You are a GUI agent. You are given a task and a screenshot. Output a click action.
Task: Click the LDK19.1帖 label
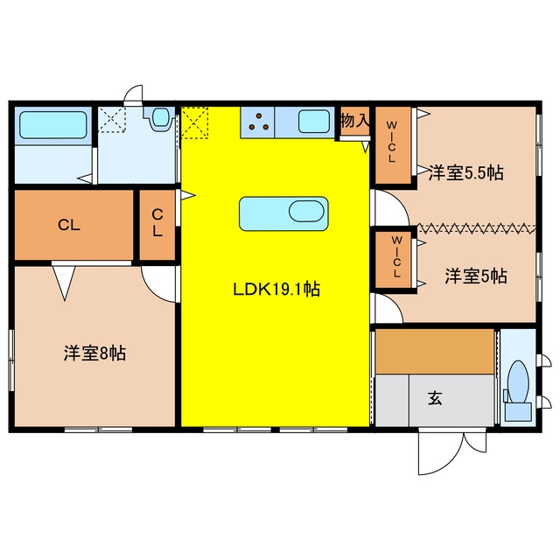coord(276,290)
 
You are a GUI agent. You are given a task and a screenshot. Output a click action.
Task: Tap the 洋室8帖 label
coord(94,353)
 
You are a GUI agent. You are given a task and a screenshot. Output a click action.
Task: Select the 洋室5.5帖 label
coord(466,173)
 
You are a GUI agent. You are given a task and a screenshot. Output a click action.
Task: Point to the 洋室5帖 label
coord(476,276)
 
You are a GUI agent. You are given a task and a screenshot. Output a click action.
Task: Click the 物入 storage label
coord(354,121)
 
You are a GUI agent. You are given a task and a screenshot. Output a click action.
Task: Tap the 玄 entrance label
coord(435,398)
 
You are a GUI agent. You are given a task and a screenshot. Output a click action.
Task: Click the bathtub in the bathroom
coord(53,124)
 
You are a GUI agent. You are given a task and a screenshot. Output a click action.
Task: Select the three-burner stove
coord(257,122)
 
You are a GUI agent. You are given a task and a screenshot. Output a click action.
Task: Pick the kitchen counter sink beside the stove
coord(313,122)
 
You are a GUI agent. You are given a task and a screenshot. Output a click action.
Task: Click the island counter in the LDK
coord(283,213)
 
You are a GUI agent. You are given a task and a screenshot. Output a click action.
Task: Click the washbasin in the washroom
coord(160,117)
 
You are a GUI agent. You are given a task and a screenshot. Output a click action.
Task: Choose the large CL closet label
coord(69,225)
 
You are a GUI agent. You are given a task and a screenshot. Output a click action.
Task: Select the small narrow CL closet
coord(157,225)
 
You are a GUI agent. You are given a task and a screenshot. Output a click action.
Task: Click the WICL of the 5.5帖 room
coord(393,145)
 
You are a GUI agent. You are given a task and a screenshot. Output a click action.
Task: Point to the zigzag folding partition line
coord(476,227)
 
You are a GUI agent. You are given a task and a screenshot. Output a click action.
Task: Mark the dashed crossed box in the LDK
coord(194,122)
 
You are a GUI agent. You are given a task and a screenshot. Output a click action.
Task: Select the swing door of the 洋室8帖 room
coord(158,283)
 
